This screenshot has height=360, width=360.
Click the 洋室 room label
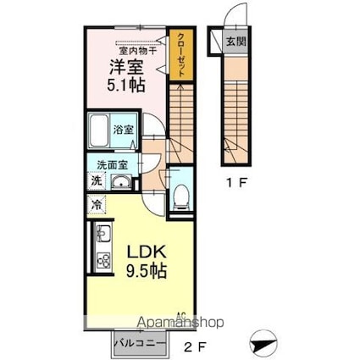coord(125,66)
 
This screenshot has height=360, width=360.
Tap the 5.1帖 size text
coord(125,85)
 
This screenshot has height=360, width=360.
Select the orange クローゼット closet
coord(180,56)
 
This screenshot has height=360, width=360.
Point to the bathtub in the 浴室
coord(100,131)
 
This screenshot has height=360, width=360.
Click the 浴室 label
coord(125,130)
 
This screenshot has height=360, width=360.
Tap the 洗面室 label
coord(112,166)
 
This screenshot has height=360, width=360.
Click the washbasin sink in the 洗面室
coord(122,184)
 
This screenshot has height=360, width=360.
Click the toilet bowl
coord(180,194)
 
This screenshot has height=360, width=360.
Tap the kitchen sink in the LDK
coord(104,235)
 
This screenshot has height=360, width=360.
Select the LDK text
coord(146,252)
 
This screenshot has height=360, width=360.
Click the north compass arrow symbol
coord(263,344)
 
